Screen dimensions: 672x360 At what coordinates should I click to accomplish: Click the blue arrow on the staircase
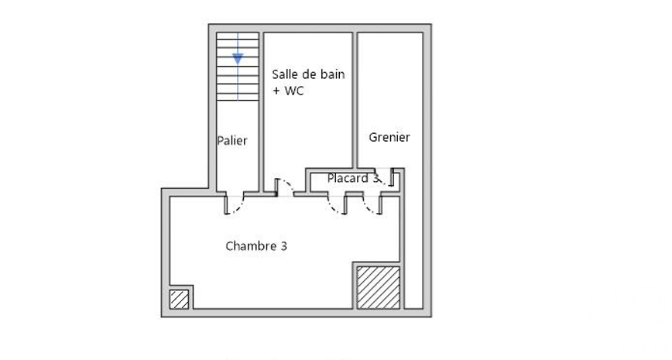238,59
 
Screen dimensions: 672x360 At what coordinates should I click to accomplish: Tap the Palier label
231,141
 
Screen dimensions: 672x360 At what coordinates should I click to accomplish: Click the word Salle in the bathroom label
285,74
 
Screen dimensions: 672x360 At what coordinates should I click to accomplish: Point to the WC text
294,91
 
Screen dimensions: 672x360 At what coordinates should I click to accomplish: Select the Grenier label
389,137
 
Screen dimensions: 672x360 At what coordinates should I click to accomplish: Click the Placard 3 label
353,178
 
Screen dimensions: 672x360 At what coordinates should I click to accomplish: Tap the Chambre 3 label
256,246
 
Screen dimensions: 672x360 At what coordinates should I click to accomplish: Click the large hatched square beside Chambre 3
379,287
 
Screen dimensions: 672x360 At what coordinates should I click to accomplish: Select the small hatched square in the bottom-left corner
179,300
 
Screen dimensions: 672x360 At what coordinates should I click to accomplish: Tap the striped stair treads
238,67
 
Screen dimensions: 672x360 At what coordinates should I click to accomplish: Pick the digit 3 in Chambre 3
283,246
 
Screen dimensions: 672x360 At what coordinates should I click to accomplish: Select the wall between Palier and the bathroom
262,111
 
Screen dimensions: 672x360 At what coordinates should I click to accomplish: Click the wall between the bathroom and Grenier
355,100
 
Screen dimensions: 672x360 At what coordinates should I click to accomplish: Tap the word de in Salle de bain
310,74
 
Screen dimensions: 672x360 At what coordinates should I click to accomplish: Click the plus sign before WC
276,91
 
